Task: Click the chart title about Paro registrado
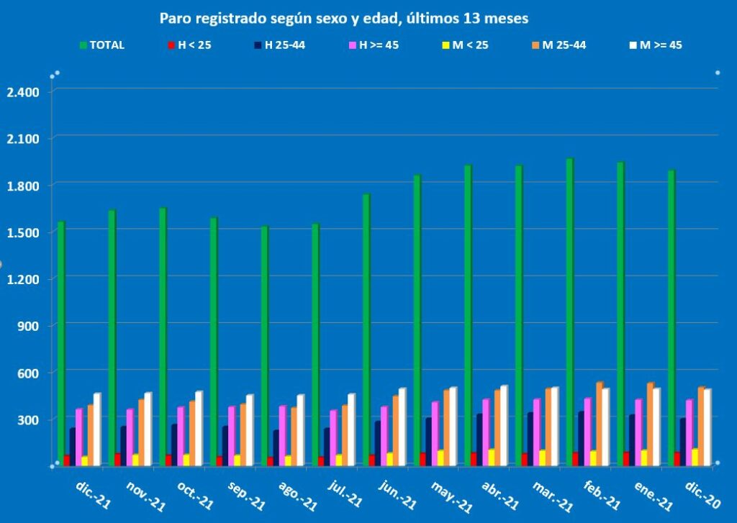point(343,17)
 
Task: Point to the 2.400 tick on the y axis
point(24,92)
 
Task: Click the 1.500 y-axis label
point(24,232)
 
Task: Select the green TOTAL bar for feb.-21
point(569,309)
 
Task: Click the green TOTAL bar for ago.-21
point(265,345)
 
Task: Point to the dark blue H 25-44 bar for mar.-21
point(530,438)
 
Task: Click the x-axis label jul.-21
point(346,495)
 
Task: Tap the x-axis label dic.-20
point(701,495)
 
